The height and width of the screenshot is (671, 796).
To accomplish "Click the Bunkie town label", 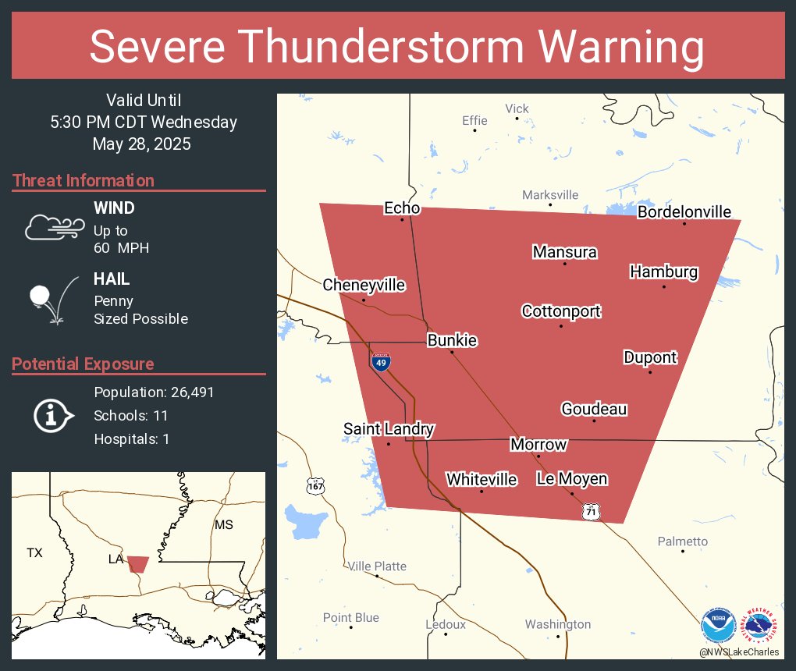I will (452, 340).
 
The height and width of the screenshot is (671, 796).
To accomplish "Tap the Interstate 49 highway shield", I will (381, 362).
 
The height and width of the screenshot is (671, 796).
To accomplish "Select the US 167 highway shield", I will (314, 485).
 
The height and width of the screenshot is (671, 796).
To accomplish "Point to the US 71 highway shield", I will (591, 511).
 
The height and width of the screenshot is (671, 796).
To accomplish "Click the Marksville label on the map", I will (550, 194).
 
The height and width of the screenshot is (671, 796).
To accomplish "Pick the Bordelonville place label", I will (684, 211).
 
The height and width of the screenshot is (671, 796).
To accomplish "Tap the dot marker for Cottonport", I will (560, 325).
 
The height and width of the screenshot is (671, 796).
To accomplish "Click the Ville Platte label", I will (377, 566).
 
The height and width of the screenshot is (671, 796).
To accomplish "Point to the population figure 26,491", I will (186, 392).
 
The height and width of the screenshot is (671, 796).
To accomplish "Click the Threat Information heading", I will (84, 180).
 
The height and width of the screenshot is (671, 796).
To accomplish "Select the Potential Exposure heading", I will (83, 364).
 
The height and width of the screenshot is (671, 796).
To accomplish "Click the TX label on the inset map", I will (34, 552).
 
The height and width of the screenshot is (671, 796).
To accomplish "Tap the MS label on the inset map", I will (224, 524).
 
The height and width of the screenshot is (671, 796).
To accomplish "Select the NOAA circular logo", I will (718, 626).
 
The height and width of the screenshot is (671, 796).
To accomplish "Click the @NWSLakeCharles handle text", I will (738, 651).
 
